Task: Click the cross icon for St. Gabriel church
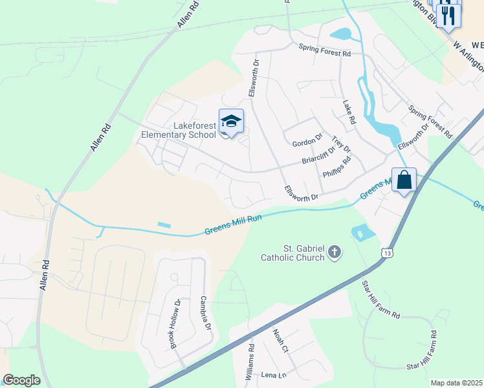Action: click(x=335, y=252)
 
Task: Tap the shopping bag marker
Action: click(x=404, y=180)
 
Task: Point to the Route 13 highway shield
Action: click(x=387, y=250)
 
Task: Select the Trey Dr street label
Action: click(x=341, y=145)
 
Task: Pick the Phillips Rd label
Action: click(x=336, y=167)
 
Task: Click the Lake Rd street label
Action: click(x=349, y=112)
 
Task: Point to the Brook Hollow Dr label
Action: click(x=175, y=323)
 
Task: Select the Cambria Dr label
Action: click(x=206, y=314)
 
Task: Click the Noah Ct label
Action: click(x=280, y=340)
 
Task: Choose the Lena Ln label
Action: click(x=274, y=374)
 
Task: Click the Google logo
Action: click(x=21, y=380)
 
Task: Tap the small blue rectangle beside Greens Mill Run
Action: click(x=164, y=225)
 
